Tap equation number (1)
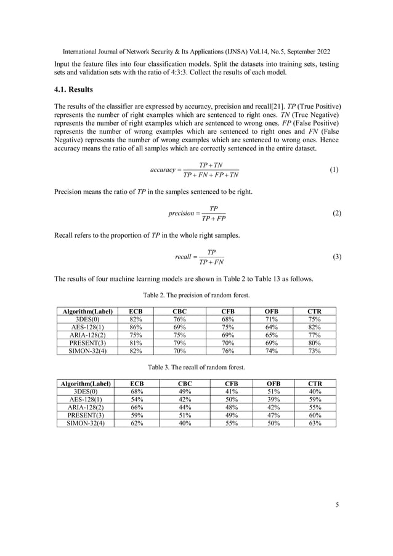(x=333, y=169)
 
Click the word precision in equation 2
(x=183, y=214)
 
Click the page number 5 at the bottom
(x=337, y=506)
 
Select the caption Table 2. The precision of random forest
(x=196, y=296)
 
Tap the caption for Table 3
(x=196, y=368)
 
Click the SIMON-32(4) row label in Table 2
(x=85, y=351)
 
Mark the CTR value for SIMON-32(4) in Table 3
(x=314, y=423)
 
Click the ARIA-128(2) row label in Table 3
(x=85, y=408)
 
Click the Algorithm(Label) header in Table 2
(x=85, y=312)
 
